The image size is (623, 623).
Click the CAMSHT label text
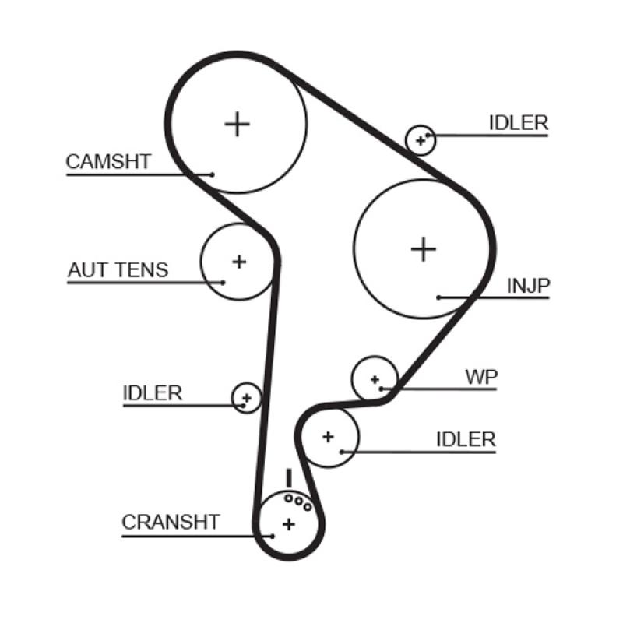107,162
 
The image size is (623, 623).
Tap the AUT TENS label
118,270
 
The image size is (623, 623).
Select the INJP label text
528,286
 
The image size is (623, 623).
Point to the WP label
481,377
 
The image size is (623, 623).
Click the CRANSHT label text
171,522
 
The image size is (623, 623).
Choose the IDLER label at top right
519,123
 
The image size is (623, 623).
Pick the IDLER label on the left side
152,393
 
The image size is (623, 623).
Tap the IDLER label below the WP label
466,439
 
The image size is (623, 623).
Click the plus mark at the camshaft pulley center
237,124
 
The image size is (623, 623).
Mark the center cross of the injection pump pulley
423,248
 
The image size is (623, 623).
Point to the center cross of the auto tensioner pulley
239,261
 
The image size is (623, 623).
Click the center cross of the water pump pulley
375,379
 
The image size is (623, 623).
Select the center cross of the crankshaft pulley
288,523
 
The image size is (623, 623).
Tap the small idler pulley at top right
421,140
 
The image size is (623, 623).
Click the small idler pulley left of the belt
246,398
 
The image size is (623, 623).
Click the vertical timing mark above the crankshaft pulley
288,477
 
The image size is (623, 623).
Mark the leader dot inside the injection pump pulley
439,297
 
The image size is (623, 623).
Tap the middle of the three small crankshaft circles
298,501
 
